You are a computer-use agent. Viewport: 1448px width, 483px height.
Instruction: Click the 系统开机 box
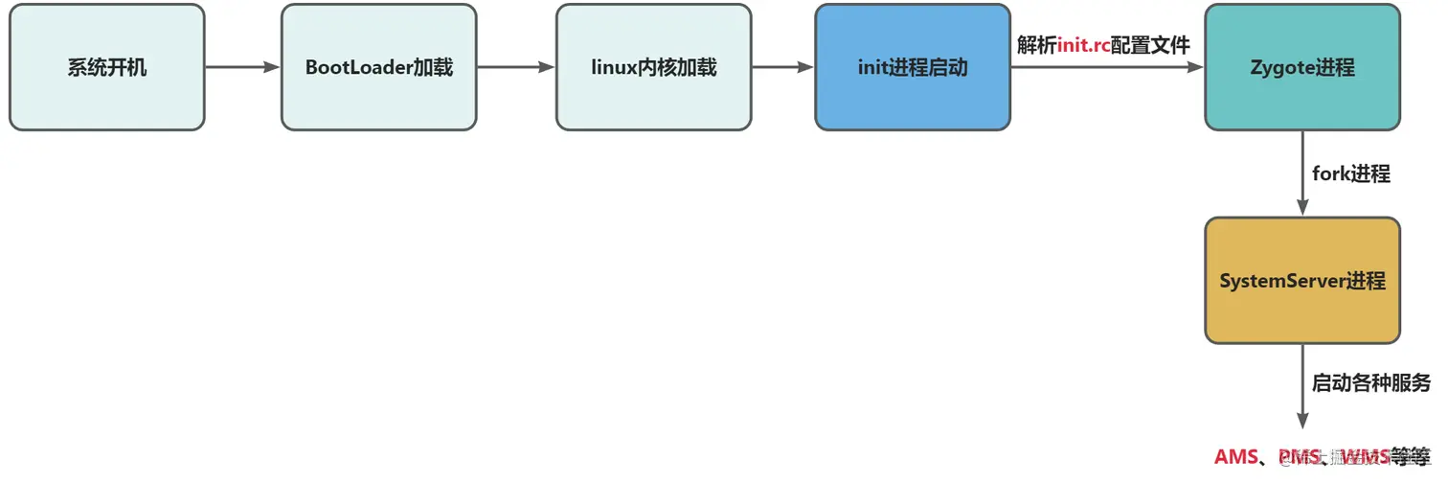pos(106,67)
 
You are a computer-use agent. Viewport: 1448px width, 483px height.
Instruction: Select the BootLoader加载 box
pos(379,67)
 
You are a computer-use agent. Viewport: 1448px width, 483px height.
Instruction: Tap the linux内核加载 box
pos(654,67)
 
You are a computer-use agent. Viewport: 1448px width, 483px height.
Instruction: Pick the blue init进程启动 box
pos(913,67)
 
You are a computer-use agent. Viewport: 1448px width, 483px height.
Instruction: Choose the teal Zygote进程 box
pos(1302,67)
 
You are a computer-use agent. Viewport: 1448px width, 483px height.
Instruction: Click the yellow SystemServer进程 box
pos(1302,281)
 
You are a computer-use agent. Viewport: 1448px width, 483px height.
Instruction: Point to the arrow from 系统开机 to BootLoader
pos(242,67)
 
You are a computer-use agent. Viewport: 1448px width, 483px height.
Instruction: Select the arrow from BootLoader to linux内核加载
pos(516,67)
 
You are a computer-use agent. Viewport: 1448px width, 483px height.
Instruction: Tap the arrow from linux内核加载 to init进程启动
pos(782,67)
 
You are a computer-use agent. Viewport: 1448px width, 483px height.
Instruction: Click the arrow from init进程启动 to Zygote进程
pos(1106,68)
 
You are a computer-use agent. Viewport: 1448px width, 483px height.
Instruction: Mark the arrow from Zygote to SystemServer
pos(1302,173)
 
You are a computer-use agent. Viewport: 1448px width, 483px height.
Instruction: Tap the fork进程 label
pos(1351,174)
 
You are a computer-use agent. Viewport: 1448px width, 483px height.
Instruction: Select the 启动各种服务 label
pos(1370,383)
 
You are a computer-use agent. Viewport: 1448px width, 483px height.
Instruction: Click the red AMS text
pos(1236,456)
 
